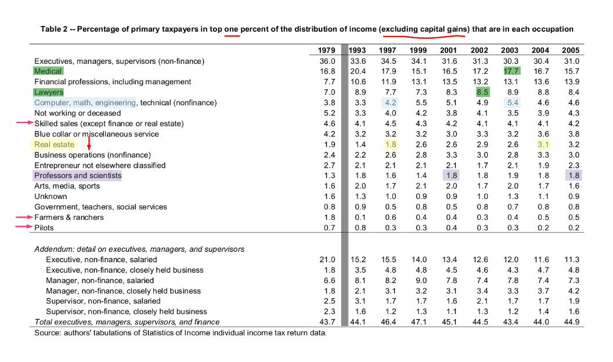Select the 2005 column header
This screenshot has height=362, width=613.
pos(571,50)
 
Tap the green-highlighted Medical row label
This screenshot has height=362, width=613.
pos(48,71)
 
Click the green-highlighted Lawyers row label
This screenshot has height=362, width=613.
pos(49,92)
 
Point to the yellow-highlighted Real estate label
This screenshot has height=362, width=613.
pos(55,144)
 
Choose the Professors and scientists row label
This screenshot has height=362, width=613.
pos(78,176)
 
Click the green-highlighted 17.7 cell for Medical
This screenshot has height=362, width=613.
pos(510,71)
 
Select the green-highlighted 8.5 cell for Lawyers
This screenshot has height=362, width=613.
pos(482,92)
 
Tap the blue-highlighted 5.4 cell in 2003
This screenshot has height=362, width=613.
pos(510,103)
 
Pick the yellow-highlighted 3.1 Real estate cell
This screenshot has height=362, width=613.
pos(540,144)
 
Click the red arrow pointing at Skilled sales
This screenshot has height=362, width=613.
pos(25,123)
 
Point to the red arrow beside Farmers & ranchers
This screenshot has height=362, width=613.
pos(25,217)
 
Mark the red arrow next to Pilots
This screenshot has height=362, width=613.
pos(25,227)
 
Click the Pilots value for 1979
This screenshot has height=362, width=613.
pos(328,228)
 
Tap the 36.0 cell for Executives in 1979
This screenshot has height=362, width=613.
pos(328,61)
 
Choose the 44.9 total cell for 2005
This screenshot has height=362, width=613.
pos(571,322)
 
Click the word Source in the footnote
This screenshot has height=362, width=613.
pos(48,333)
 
